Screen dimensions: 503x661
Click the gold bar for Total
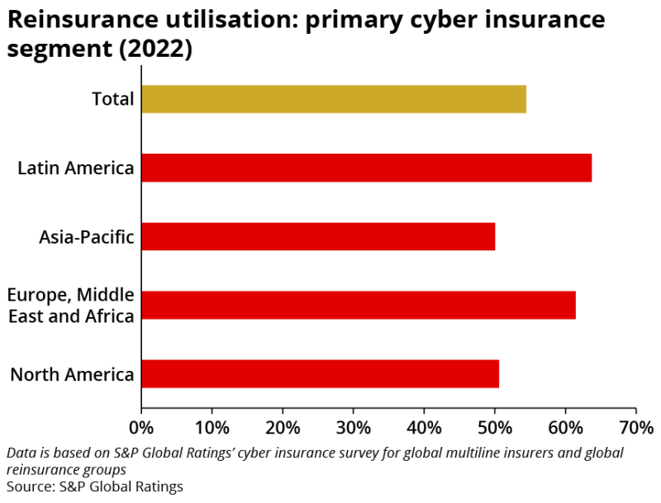(x=334, y=99)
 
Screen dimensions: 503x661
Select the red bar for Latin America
(x=366, y=168)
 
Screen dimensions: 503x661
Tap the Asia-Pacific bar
(x=318, y=236)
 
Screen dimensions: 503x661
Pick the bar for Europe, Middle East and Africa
(x=359, y=305)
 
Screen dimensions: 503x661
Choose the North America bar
(x=320, y=373)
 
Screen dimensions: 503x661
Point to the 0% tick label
(x=141, y=428)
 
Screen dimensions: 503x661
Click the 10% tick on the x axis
(x=212, y=428)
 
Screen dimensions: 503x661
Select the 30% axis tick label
(x=353, y=428)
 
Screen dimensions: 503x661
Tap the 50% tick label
(x=494, y=428)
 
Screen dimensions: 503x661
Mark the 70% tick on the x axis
(x=636, y=428)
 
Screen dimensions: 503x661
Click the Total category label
(x=112, y=99)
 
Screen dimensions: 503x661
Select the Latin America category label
(x=76, y=168)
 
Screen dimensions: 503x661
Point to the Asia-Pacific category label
(x=86, y=237)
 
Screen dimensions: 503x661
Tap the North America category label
(x=72, y=375)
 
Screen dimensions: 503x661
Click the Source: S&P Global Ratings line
(x=95, y=486)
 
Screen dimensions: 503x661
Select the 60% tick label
(x=565, y=428)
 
